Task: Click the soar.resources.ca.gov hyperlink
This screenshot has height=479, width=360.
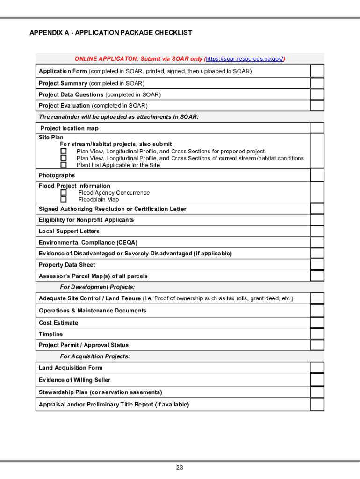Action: click(245, 59)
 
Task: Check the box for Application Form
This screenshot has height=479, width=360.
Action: click(317, 71)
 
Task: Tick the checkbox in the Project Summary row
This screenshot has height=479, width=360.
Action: click(317, 83)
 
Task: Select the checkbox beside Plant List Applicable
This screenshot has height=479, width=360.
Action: click(63, 165)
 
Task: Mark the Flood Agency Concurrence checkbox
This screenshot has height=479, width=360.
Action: click(63, 192)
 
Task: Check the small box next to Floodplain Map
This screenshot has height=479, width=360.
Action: click(63, 199)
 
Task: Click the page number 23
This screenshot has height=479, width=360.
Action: click(180, 468)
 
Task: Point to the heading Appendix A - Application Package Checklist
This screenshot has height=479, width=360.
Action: click(111, 33)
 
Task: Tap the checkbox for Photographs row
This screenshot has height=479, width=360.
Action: click(317, 175)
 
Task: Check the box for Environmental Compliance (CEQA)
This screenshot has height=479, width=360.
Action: click(317, 242)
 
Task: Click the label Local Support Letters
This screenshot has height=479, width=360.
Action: click(69, 231)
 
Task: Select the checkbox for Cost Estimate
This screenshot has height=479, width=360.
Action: click(317, 323)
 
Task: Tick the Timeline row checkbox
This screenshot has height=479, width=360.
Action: click(317, 334)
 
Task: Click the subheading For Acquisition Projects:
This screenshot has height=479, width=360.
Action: click(95, 356)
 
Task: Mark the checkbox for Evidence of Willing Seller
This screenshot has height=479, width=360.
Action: click(317, 380)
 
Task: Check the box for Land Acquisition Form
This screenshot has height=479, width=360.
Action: click(317, 368)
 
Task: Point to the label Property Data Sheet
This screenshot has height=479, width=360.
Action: click(67, 265)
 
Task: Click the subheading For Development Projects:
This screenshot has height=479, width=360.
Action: click(97, 287)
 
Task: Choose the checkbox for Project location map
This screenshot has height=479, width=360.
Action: click(317, 128)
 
